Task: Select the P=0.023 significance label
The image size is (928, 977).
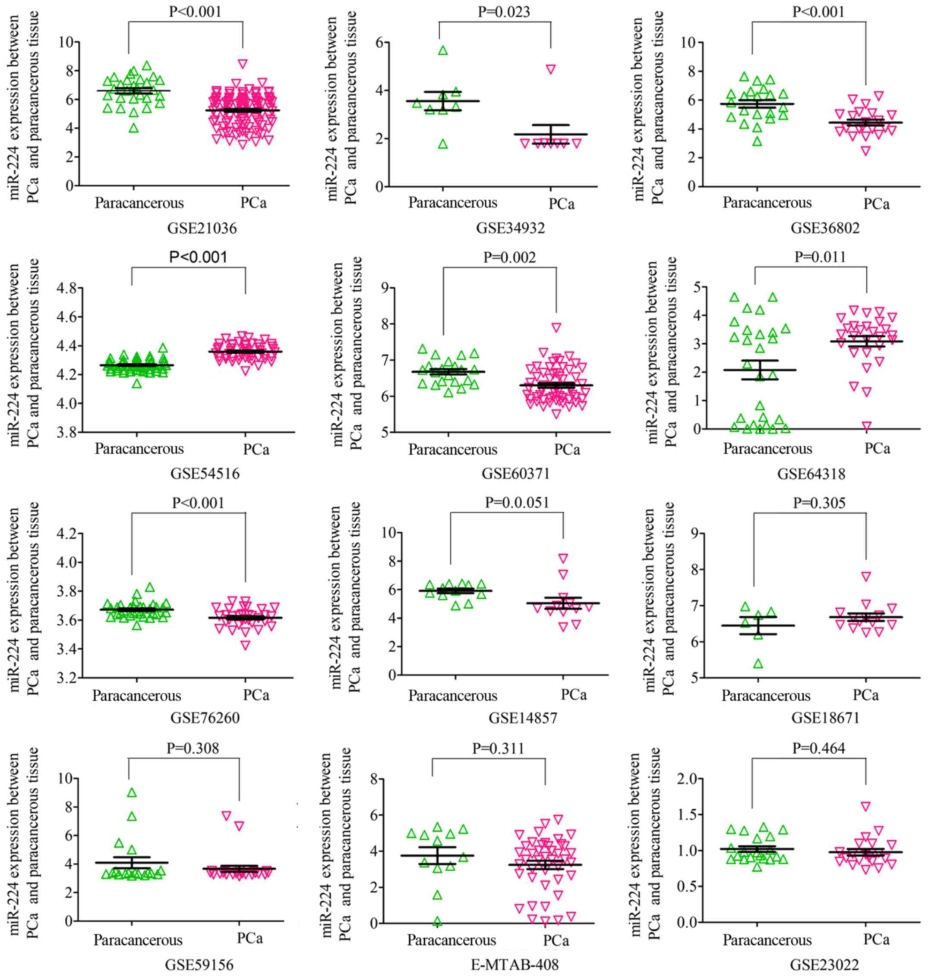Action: (x=504, y=12)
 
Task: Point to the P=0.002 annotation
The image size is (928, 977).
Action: (x=509, y=257)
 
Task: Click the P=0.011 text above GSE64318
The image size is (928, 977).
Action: (x=820, y=257)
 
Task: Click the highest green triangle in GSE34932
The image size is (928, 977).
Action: (x=443, y=50)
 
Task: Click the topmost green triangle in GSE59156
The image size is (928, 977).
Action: (x=132, y=792)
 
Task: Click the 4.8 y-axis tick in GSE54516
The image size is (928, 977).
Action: (x=71, y=288)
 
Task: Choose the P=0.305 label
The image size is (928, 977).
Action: (x=819, y=503)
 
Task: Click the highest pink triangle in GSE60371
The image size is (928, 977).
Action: (x=556, y=327)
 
